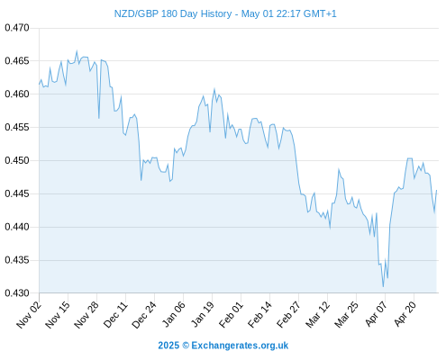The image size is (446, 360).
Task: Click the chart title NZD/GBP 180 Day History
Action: coord(173,14)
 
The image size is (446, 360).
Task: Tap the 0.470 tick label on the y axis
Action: coord(17,28)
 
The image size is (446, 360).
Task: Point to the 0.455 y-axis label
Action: coord(17,128)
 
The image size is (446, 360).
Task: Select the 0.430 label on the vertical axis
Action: coord(17,293)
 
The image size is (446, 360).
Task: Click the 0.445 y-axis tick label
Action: coord(17,193)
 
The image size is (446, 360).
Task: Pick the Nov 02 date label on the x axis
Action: coord(29,314)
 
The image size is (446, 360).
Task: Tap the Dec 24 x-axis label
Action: coord(144,314)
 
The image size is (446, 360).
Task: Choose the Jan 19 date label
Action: coord(203,314)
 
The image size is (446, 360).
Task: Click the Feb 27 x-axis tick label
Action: coord(288,314)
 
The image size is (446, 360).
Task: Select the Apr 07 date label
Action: coord(376,314)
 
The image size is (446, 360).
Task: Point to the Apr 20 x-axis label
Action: coord(405,314)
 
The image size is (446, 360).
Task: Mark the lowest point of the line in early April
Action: coord(383,287)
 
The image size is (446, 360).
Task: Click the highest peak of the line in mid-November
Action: coord(77,50)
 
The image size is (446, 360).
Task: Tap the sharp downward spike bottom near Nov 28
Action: coord(99,118)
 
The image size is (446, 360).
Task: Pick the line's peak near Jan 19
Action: coord(214,89)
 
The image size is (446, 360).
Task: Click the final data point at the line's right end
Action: coord(436,190)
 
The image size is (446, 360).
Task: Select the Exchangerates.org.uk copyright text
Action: coord(223,346)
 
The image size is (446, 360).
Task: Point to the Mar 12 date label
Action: coord(317,314)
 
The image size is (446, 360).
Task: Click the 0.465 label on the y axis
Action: coord(17,61)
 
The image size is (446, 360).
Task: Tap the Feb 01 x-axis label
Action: coord(231,314)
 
